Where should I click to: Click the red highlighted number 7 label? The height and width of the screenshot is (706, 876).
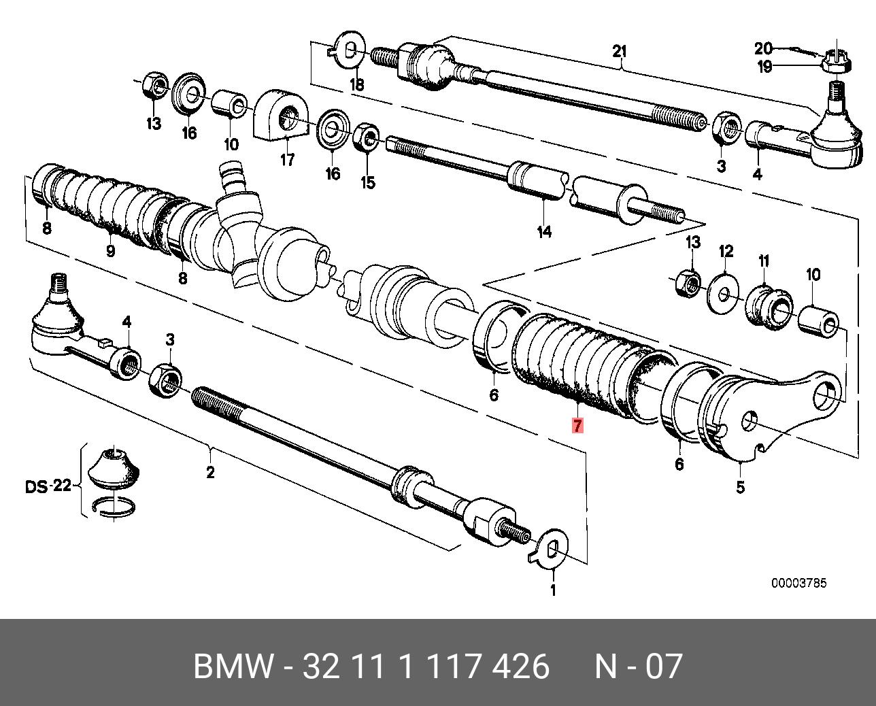(577, 426)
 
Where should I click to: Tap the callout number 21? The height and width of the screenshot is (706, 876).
(619, 51)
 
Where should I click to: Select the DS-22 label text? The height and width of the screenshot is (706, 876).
(48, 486)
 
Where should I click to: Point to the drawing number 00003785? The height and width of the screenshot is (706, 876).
(798, 584)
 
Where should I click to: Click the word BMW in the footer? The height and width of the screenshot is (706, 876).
(233, 666)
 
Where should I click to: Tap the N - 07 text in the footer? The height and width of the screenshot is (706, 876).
(638, 666)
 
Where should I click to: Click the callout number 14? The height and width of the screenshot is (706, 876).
(544, 232)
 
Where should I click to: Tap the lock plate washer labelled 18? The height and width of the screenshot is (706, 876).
(347, 50)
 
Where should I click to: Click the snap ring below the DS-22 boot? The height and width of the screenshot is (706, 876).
(115, 506)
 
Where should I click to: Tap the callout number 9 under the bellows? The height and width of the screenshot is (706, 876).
(110, 251)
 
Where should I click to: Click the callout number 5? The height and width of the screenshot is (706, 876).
(740, 487)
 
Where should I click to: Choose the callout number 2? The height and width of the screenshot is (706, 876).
(210, 472)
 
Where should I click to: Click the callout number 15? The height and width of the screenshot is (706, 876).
(367, 183)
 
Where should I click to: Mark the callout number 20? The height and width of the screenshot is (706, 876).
(763, 48)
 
